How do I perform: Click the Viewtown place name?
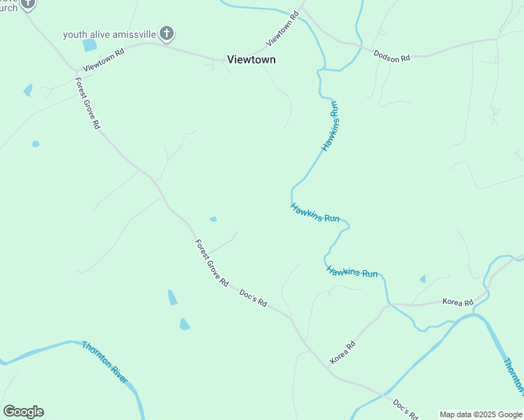point(251,60)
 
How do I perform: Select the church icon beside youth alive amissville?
point(167,33)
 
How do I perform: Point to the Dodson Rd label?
point(392,56)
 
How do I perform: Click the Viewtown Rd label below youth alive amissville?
point(103,61)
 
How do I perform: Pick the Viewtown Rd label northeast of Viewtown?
point(283,29)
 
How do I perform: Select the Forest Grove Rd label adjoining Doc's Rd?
point(212,264)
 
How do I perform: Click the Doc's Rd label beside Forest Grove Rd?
point(254,298)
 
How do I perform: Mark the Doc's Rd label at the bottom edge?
point(406,408)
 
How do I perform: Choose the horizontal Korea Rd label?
point(458,302)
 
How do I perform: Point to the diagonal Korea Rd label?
point(343,351)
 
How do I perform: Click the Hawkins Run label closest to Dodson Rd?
point(331,126)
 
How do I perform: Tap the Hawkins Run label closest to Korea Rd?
point(352,272)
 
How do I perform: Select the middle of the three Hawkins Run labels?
point(315,213)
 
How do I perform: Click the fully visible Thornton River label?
point(104,362)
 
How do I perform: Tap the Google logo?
point(23,412)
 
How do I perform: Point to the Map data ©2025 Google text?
point(481,414)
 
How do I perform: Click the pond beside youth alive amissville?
point(90,45)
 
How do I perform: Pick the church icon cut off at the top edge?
point(27,3)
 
